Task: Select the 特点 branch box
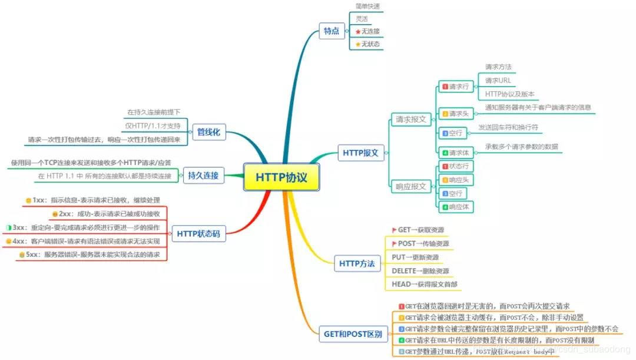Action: point(332,32)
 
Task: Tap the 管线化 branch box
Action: point(208,133)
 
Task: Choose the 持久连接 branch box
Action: point(203,175)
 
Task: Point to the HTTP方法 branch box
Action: point(357,263)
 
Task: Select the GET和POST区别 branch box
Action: point(352,334)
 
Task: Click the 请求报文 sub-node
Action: point(410,120)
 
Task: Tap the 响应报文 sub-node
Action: point(410,186)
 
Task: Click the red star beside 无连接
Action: point(357,31)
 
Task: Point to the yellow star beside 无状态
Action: point(357,44)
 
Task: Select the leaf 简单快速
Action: point(367,6)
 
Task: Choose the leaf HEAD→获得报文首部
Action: point(424,284)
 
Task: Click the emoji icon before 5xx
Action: point(21,255)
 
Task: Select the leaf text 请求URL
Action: point(498,81)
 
